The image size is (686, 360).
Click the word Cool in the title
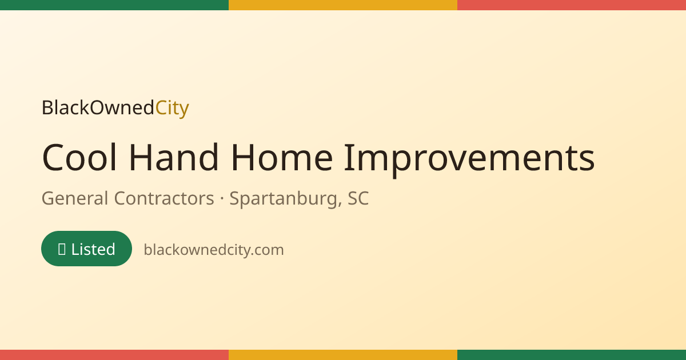tap(79, 157)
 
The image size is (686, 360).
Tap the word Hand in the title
tap(174, 157)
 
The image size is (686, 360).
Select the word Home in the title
tap(282, 157)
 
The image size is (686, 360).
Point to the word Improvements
tap(469, 160)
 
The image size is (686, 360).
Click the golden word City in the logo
tap(172, 109)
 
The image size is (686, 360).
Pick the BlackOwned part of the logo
tap(98, 107)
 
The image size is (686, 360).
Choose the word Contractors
tap(164, 198)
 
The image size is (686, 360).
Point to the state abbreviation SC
tap(358, 198)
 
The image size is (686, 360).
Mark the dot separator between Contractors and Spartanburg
tap(222, 198)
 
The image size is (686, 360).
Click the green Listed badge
tap(87, 249)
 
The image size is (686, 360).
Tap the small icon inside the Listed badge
tap(62, 249)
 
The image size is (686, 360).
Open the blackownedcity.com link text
tap(214, 250)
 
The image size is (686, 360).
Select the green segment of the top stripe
tap(114, 5)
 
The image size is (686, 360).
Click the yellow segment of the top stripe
tap(343, 5)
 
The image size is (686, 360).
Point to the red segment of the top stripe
tap(572, 5)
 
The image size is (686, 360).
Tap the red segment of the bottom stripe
tap(114, 355)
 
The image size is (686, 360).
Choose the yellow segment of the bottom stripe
tap(343, 355)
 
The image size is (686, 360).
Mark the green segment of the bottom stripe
tap(572, 355)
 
